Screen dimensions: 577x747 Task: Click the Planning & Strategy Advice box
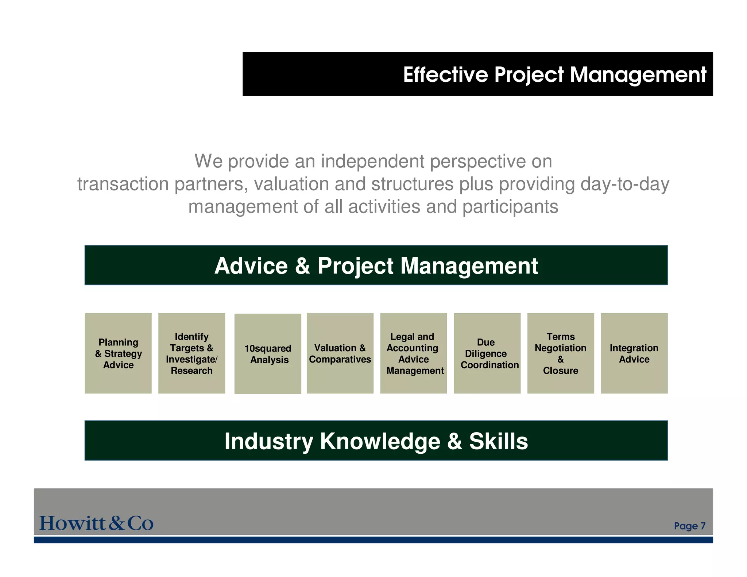[x=118, y=353]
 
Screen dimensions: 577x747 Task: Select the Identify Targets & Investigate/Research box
[x=191, y=353]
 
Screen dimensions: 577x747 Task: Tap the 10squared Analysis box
[x=268, y=353]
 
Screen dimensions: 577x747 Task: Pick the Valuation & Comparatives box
[x=340, y=353]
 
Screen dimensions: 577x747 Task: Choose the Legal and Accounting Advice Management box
[x=414, y=353]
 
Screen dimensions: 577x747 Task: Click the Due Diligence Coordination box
[x=487, y=353]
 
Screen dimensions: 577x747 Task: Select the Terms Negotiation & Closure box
[x=561, y=353]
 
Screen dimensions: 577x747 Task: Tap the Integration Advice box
[x=634, y=353]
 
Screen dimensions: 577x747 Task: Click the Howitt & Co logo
[x=96, y=523]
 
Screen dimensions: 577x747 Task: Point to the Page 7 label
[x=689, y=526]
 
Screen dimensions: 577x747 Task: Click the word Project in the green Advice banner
[x=355, y=266]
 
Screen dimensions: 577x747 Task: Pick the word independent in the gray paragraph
[x=372, y=161]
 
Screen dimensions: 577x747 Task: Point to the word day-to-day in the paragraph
[x=624, y=184]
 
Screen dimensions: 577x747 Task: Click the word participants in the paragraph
[x=510, y=207]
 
